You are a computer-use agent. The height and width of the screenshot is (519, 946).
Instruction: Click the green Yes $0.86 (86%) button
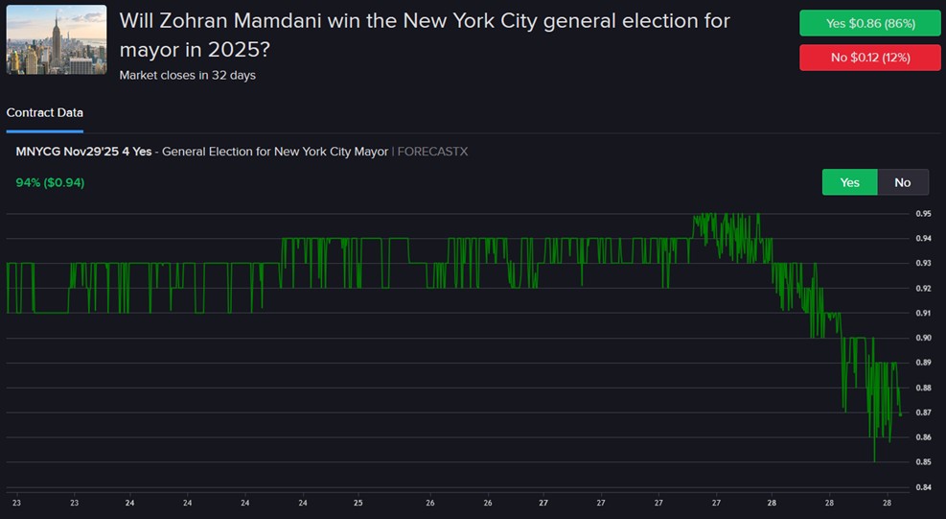pos(870,23)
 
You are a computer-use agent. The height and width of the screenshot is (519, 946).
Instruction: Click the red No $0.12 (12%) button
pos(870,58)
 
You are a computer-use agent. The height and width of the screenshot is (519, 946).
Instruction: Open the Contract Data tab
pos(44,113)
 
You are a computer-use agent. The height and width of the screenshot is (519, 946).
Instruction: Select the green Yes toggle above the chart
pos(849,182)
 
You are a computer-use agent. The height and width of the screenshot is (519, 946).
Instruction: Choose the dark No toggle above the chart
pos(902,182)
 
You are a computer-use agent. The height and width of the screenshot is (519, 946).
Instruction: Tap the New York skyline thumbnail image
pos(57,39)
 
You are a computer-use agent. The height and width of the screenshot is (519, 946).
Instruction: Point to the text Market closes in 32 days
pos(187,75)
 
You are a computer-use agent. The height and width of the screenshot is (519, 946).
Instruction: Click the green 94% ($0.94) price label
pos(50,182)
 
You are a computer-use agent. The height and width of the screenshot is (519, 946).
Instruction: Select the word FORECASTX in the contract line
pos(432,152)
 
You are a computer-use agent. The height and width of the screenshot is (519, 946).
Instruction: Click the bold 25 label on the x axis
pos(358,502)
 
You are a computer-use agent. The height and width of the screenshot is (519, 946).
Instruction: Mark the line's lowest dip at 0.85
pos(873,461)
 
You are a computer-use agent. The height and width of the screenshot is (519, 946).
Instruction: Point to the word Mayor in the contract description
pos(369,152)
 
